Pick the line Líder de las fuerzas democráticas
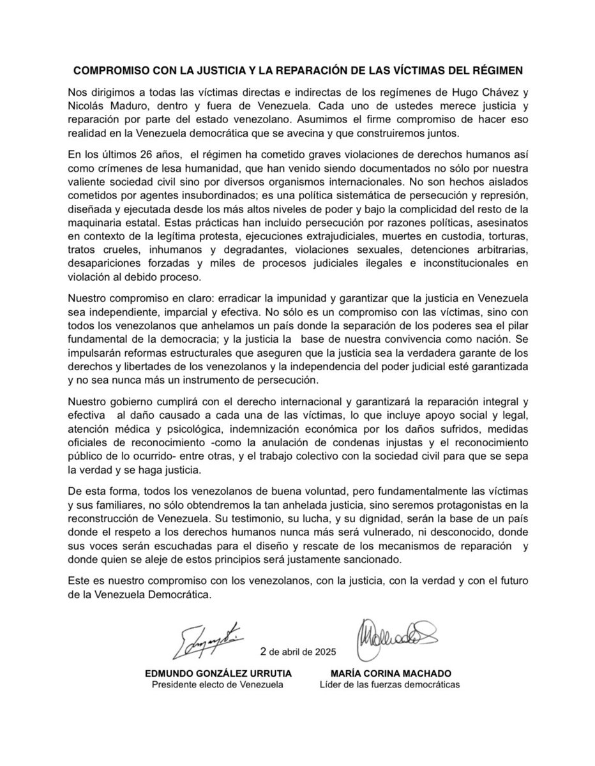coord(389,686)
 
